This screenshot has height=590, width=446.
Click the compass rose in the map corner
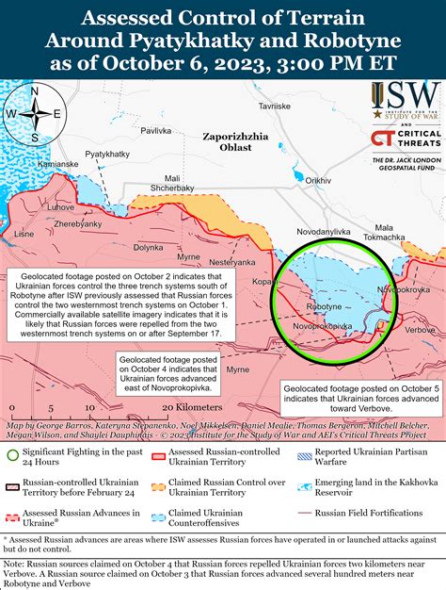pos(34,114)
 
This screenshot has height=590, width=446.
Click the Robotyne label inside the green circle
pos(325,307)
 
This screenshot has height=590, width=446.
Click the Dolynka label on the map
pos(148,247)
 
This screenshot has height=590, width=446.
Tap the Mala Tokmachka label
pos(389,233)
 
